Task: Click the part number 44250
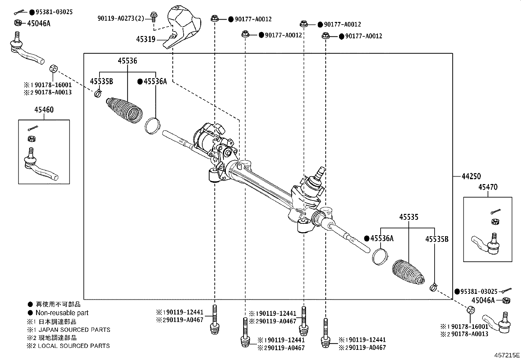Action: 471,177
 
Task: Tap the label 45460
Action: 44,110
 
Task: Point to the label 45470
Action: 488,187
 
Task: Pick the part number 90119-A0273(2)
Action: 120,19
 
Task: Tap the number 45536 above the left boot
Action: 128,61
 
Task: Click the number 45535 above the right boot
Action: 408,217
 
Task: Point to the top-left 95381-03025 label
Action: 54,12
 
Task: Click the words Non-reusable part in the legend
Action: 62,313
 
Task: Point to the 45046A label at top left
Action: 39,23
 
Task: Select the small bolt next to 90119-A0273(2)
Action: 153,16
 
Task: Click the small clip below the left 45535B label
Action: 98,94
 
